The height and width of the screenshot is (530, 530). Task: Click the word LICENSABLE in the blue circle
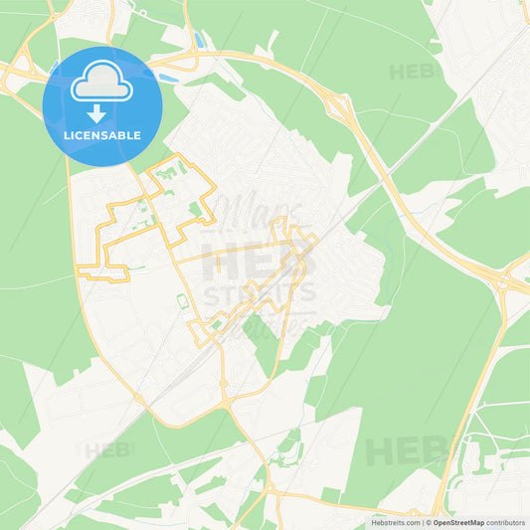coord(103,135)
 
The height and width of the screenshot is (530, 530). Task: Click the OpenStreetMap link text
coord(456,522)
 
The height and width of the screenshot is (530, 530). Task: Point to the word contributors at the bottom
coord(507,522)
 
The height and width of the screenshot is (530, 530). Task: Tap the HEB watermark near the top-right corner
coord(412,72)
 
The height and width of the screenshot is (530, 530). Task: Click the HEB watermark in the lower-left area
coord(107,450)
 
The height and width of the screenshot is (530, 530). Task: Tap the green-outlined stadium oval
coord(182,300)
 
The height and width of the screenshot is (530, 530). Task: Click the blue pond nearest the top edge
coord(199,41)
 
